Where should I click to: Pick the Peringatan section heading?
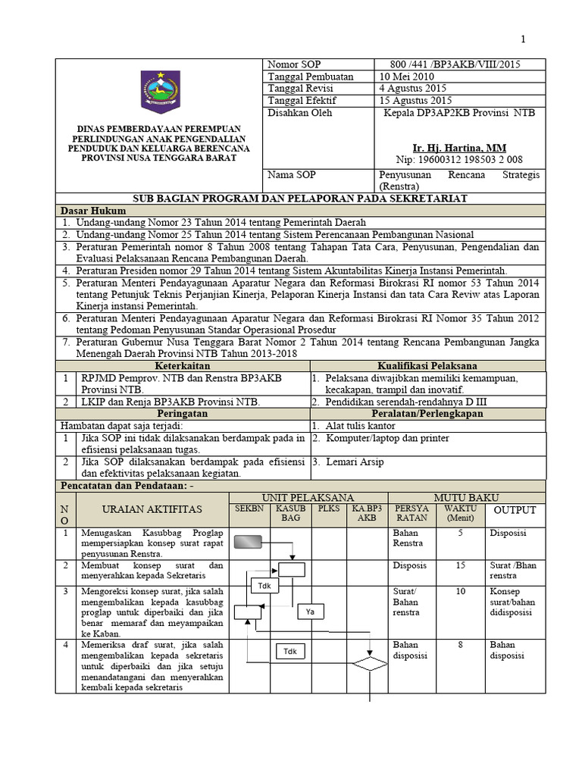pyautogui.click(x=183, y=414)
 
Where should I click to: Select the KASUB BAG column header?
pyautogui.click(x=290, y=513)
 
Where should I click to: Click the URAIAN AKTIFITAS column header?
pyautogui.click(x=153, y=510)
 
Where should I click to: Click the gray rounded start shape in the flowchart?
pyautogui.click(x=249, y=541)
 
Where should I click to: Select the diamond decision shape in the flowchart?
pyautogui.click(x=369, y=664)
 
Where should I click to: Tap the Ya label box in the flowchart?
pyautogui.click(x=310, y=611)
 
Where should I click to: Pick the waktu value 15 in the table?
pyautogui.click(x=461, y=565)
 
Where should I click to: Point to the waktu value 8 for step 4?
pyautogui.click(x=461, y=645)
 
